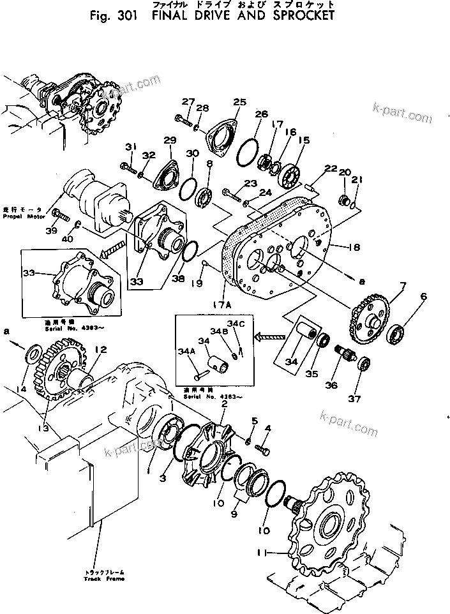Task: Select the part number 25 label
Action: pos(239,102)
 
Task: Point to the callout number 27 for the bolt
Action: pos(187,102)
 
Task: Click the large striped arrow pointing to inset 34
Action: pos(268,333)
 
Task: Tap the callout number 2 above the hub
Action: pos(225,404)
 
